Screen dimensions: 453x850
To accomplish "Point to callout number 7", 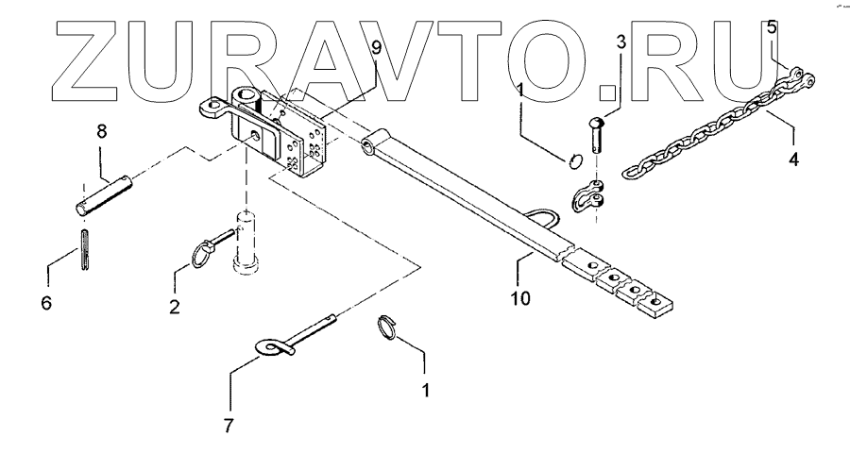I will pyautogui.click(x=227, y=426).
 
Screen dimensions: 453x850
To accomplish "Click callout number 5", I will pyautogui.click(x=772, y=28).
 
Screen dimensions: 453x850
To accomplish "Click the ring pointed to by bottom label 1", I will pyautogui.click(x=387, y=327).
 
